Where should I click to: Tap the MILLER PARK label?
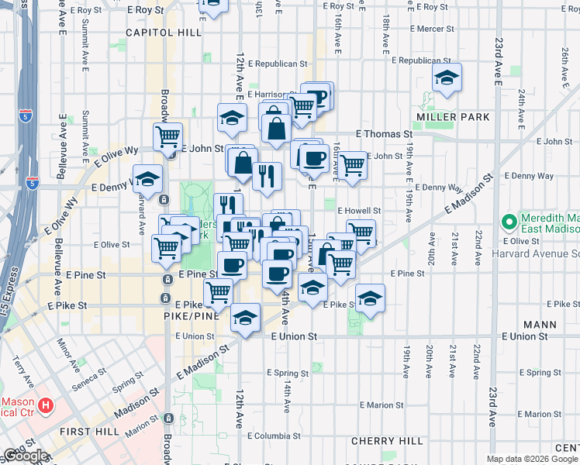click(x=453, y=117)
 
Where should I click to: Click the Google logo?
click(x=26, y=456)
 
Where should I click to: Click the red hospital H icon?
click(x=46, y=405)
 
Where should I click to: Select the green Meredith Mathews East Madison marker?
click(x=509, y=223)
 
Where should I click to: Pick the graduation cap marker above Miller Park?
click(x=447, y=77)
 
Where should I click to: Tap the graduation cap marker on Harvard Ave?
click(x=147, y=180)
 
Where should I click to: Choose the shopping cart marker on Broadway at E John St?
click(x=167, y=137)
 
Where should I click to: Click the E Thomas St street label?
click(x=384, y=134)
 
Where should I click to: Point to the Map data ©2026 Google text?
click(x=532, y=459)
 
